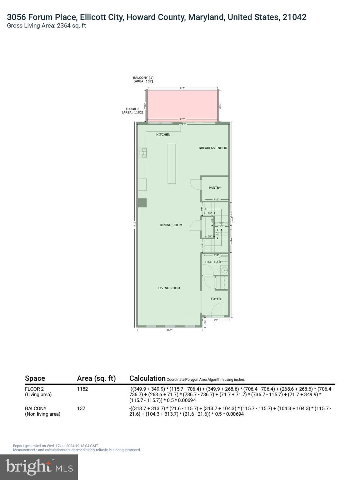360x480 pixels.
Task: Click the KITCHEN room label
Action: click(x=163, y=135)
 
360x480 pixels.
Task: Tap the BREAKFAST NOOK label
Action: click(x=213, y=148)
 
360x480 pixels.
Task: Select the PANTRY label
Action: click(x=215, y=188)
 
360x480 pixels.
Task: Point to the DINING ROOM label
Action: click(x=171, y=225)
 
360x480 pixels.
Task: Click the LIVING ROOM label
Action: click(x=169, y=288)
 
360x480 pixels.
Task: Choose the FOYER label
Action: click(x=216, y=299)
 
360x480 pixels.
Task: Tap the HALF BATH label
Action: click(x=214, y=262)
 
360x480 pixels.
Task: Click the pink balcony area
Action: click(x=182, y=104)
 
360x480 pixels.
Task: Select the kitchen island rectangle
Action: click(x=172, y=163)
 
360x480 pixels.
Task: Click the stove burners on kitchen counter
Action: click(x=144, y=153)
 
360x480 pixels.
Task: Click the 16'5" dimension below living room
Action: click(x=169, y=330)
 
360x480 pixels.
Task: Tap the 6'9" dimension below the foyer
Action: click(x=216, y=320)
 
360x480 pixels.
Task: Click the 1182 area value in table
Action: click(x=82, y=389)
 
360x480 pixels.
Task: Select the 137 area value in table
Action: click(x=81, y=408)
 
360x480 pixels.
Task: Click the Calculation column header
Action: click(x=147, y=378)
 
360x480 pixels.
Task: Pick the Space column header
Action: click(x=35, y=378)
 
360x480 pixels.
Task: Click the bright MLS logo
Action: click(x=39, y=467)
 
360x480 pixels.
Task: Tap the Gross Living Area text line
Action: click(x=46, y=26)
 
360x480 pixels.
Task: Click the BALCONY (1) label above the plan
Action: click(x=143, y=78)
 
